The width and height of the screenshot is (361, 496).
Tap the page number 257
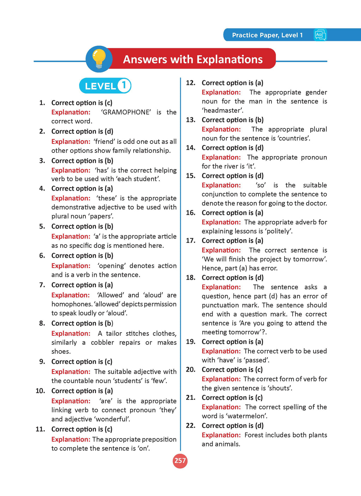click(180, 461)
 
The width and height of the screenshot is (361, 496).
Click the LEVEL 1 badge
click(105, 86)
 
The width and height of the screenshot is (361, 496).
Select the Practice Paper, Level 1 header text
click(267, 35)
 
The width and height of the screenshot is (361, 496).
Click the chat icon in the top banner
click(320, 35)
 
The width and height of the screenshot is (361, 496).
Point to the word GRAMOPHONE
click(126, 112)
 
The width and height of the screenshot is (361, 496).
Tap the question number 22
click(191, 426)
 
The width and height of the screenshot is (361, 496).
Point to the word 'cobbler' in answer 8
click(102, 343)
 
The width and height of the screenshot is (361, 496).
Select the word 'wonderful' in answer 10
click(110, 419)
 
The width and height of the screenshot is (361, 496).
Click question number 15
click(191, 176)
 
